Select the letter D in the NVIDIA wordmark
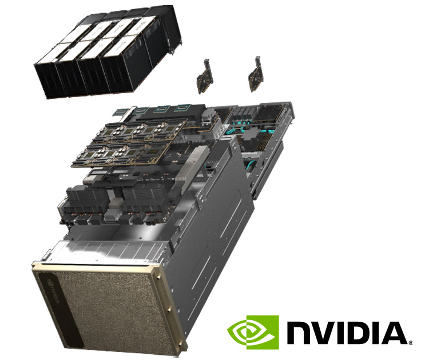[359, 333]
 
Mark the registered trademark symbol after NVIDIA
[410, 342]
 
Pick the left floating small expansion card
[205, 81]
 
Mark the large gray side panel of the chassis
[215, 229]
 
